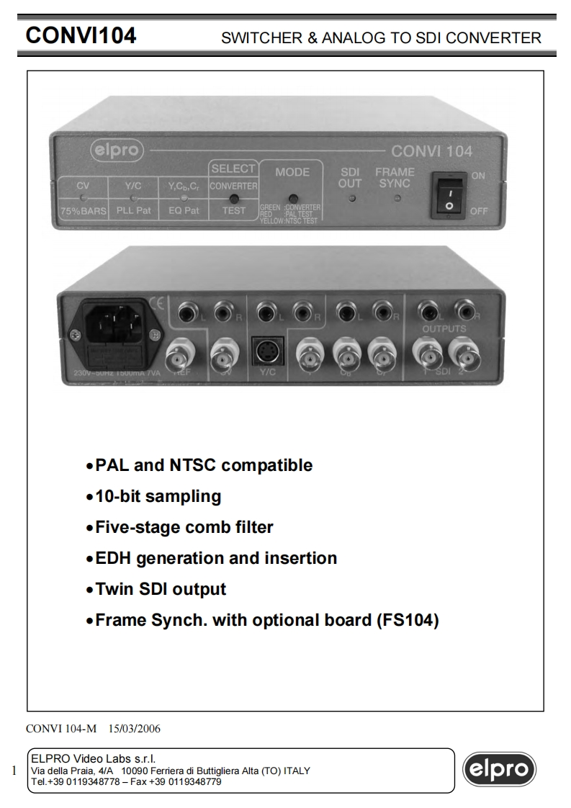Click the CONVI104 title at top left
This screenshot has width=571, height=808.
click(x=81, y=36)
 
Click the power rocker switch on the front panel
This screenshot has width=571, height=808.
click(x=447, y=194)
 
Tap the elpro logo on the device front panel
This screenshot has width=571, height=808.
click(x=117, y=151)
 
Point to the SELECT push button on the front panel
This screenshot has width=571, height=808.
click(x=233, y=199)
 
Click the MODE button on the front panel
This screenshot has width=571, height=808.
click(x=292, y=199)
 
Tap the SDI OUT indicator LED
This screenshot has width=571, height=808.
click(x=351, y=199)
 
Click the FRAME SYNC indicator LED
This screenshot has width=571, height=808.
click(x=396, y=199)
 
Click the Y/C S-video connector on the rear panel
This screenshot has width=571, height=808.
click(x=266, y=352)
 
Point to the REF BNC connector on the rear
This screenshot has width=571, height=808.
click(x=180, y=355)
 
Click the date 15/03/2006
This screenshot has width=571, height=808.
click(x=135, y=728)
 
